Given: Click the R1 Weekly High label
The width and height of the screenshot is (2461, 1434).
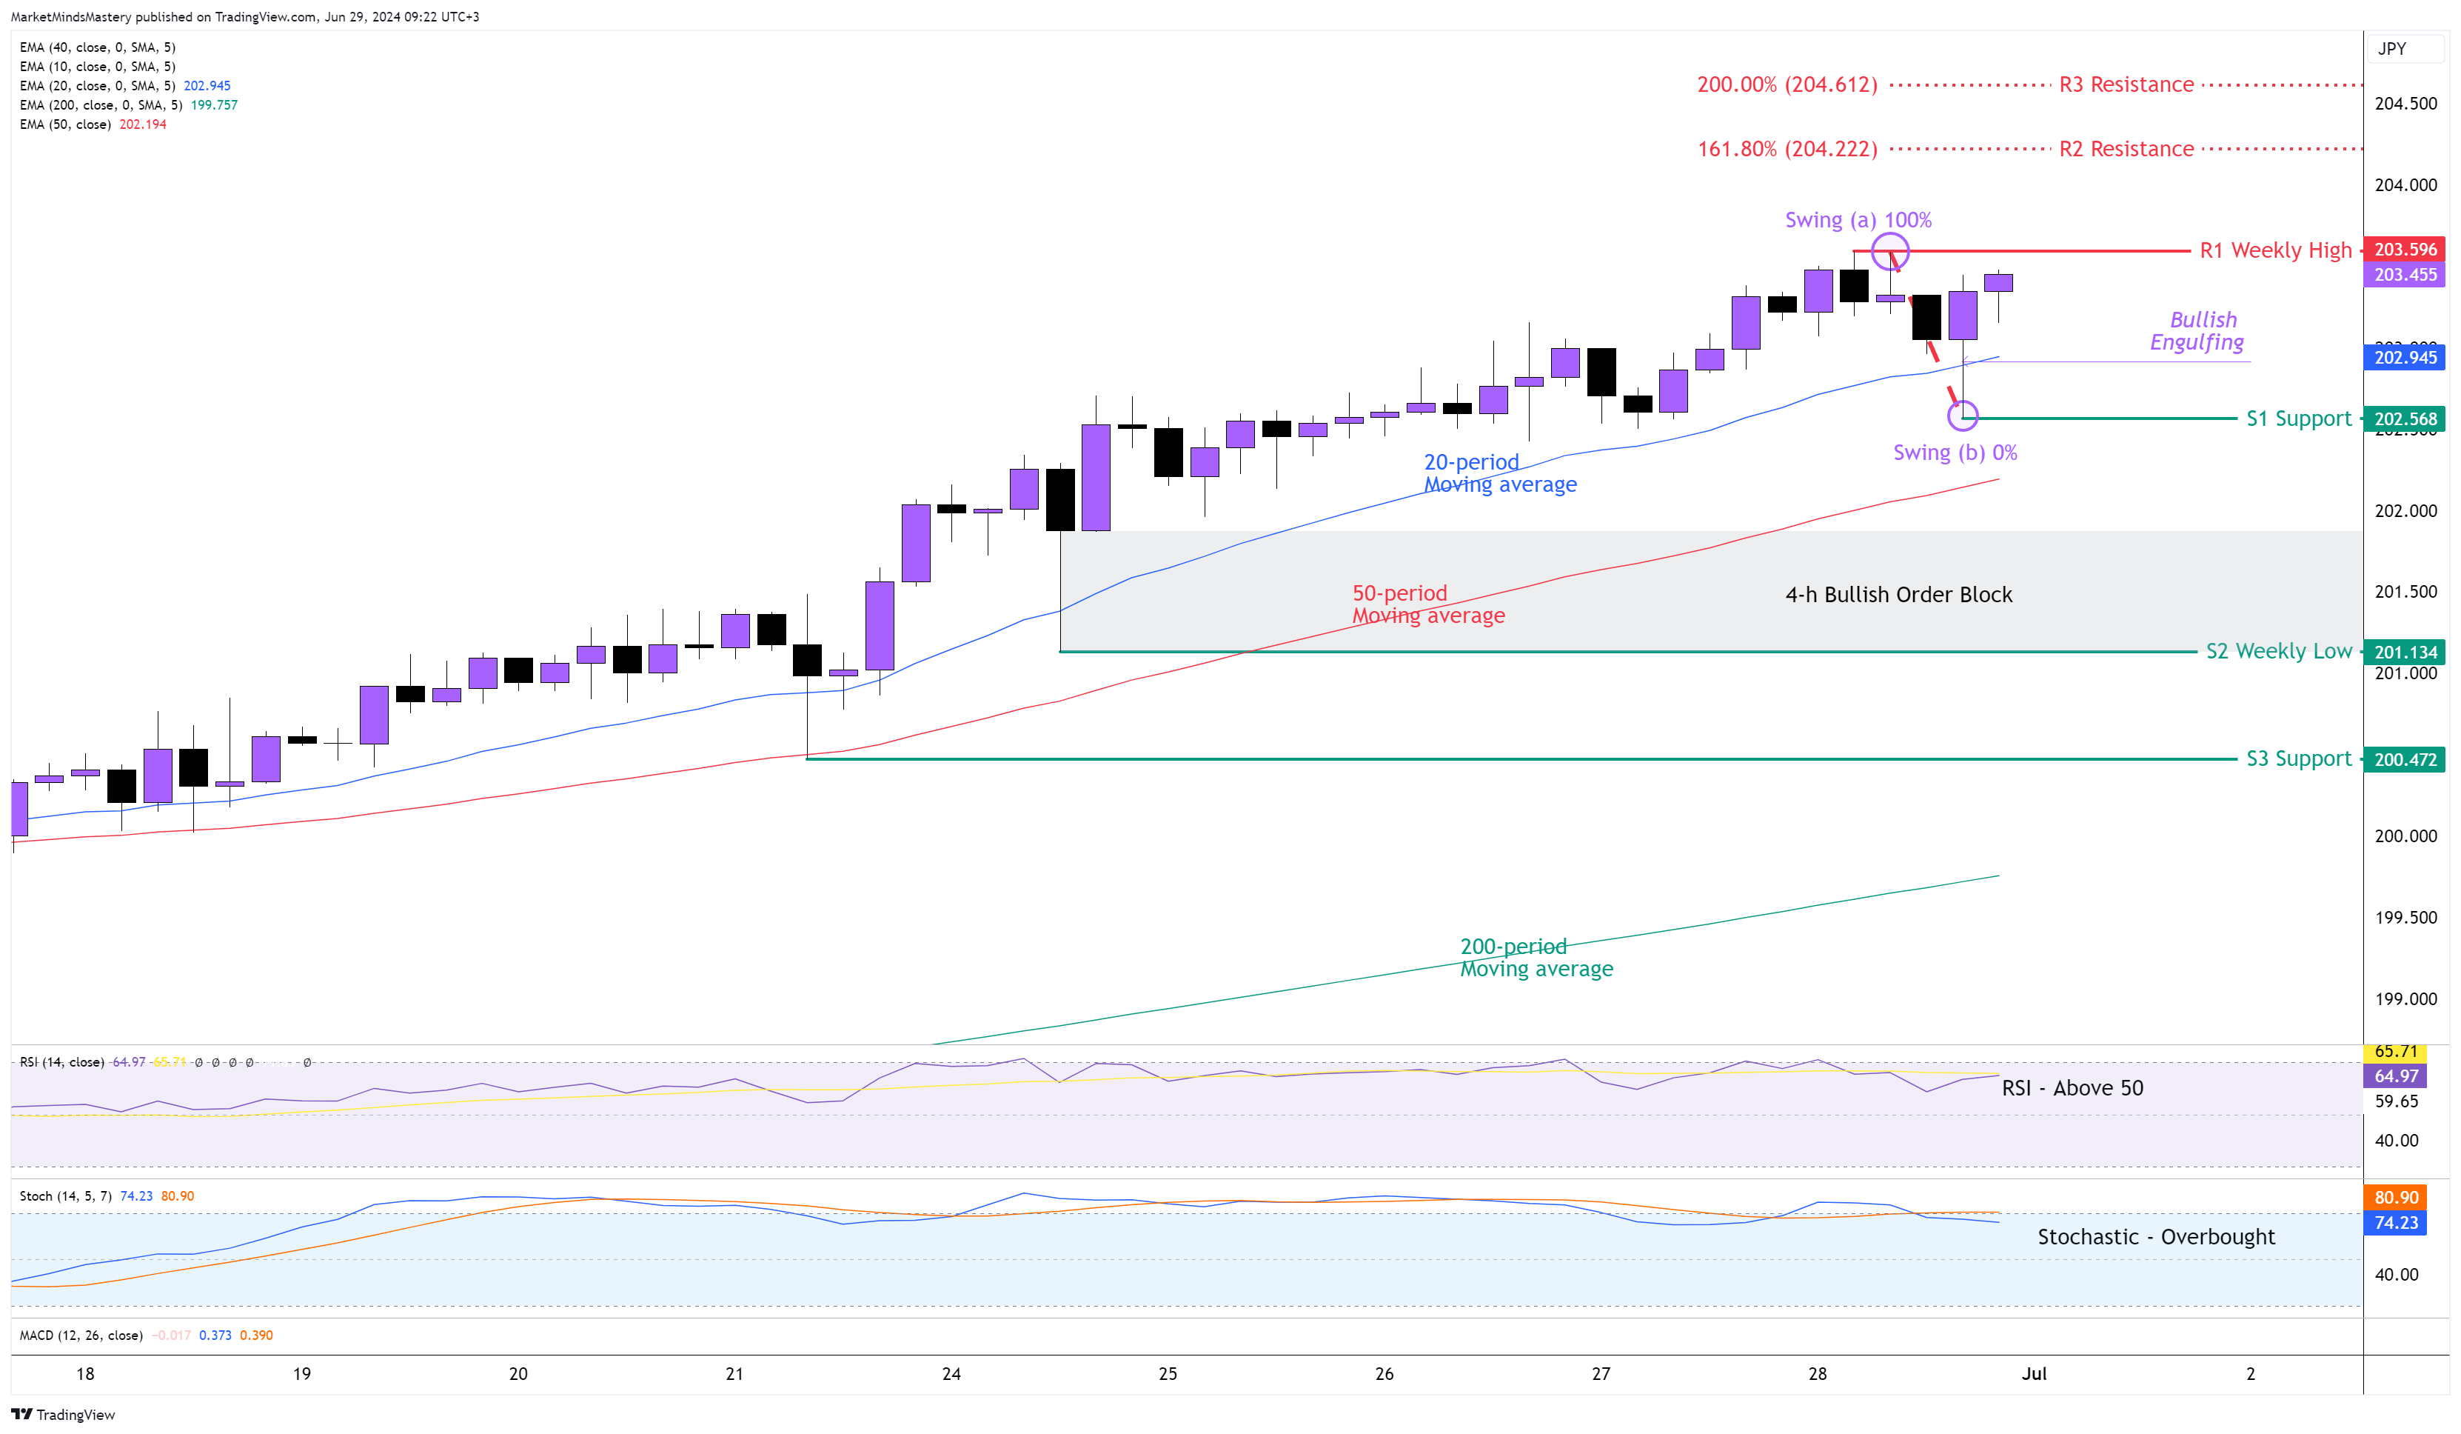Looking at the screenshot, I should tap(2274, 250).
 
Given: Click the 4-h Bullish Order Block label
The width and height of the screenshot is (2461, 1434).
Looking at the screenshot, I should tap(1898, 594).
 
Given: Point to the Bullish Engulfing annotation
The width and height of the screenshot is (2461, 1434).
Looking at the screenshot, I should tap(2197, 330).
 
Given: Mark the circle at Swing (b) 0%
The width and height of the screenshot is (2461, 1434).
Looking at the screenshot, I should tap(1962, 416).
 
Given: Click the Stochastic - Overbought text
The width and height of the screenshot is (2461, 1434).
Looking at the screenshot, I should tap(2155, 1237).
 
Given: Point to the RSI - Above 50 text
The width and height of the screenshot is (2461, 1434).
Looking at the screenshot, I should tap(2072, 1087).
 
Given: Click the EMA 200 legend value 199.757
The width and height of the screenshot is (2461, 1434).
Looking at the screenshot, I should tap(214, 104).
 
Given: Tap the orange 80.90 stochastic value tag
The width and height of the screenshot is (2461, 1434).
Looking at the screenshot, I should tap(2396, 1197).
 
